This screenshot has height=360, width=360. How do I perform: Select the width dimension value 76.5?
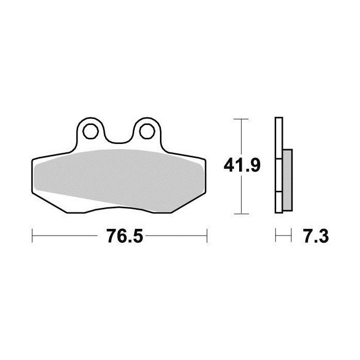(x=119, y=237)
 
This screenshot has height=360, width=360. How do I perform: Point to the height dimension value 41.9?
(x=241, y=166)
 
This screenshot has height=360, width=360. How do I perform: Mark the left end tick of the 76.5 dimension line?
(x=33, y=237)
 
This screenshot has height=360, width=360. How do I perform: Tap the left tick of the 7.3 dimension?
(x=276, y=237)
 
